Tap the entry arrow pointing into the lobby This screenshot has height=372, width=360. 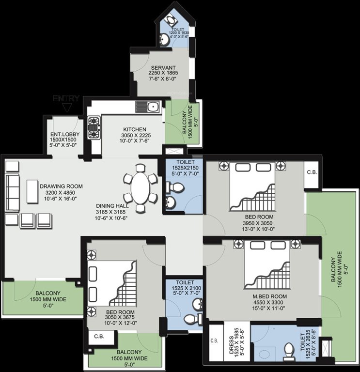[72, 108]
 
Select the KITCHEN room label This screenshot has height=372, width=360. [132, 129]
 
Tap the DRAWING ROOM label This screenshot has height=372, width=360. [61, 186]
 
